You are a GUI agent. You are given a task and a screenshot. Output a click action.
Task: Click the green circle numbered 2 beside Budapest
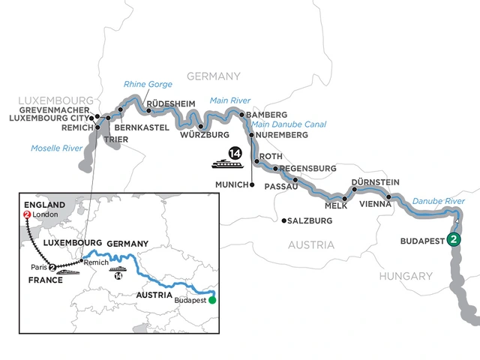454,240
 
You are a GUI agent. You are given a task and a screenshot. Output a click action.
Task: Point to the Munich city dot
253,184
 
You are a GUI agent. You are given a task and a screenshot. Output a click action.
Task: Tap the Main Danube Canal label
289,124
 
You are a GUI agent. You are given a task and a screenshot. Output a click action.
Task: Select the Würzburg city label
204,135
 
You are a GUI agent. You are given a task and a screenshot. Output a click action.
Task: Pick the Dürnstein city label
375,182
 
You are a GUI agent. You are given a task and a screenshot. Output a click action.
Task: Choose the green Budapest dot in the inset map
212,301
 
